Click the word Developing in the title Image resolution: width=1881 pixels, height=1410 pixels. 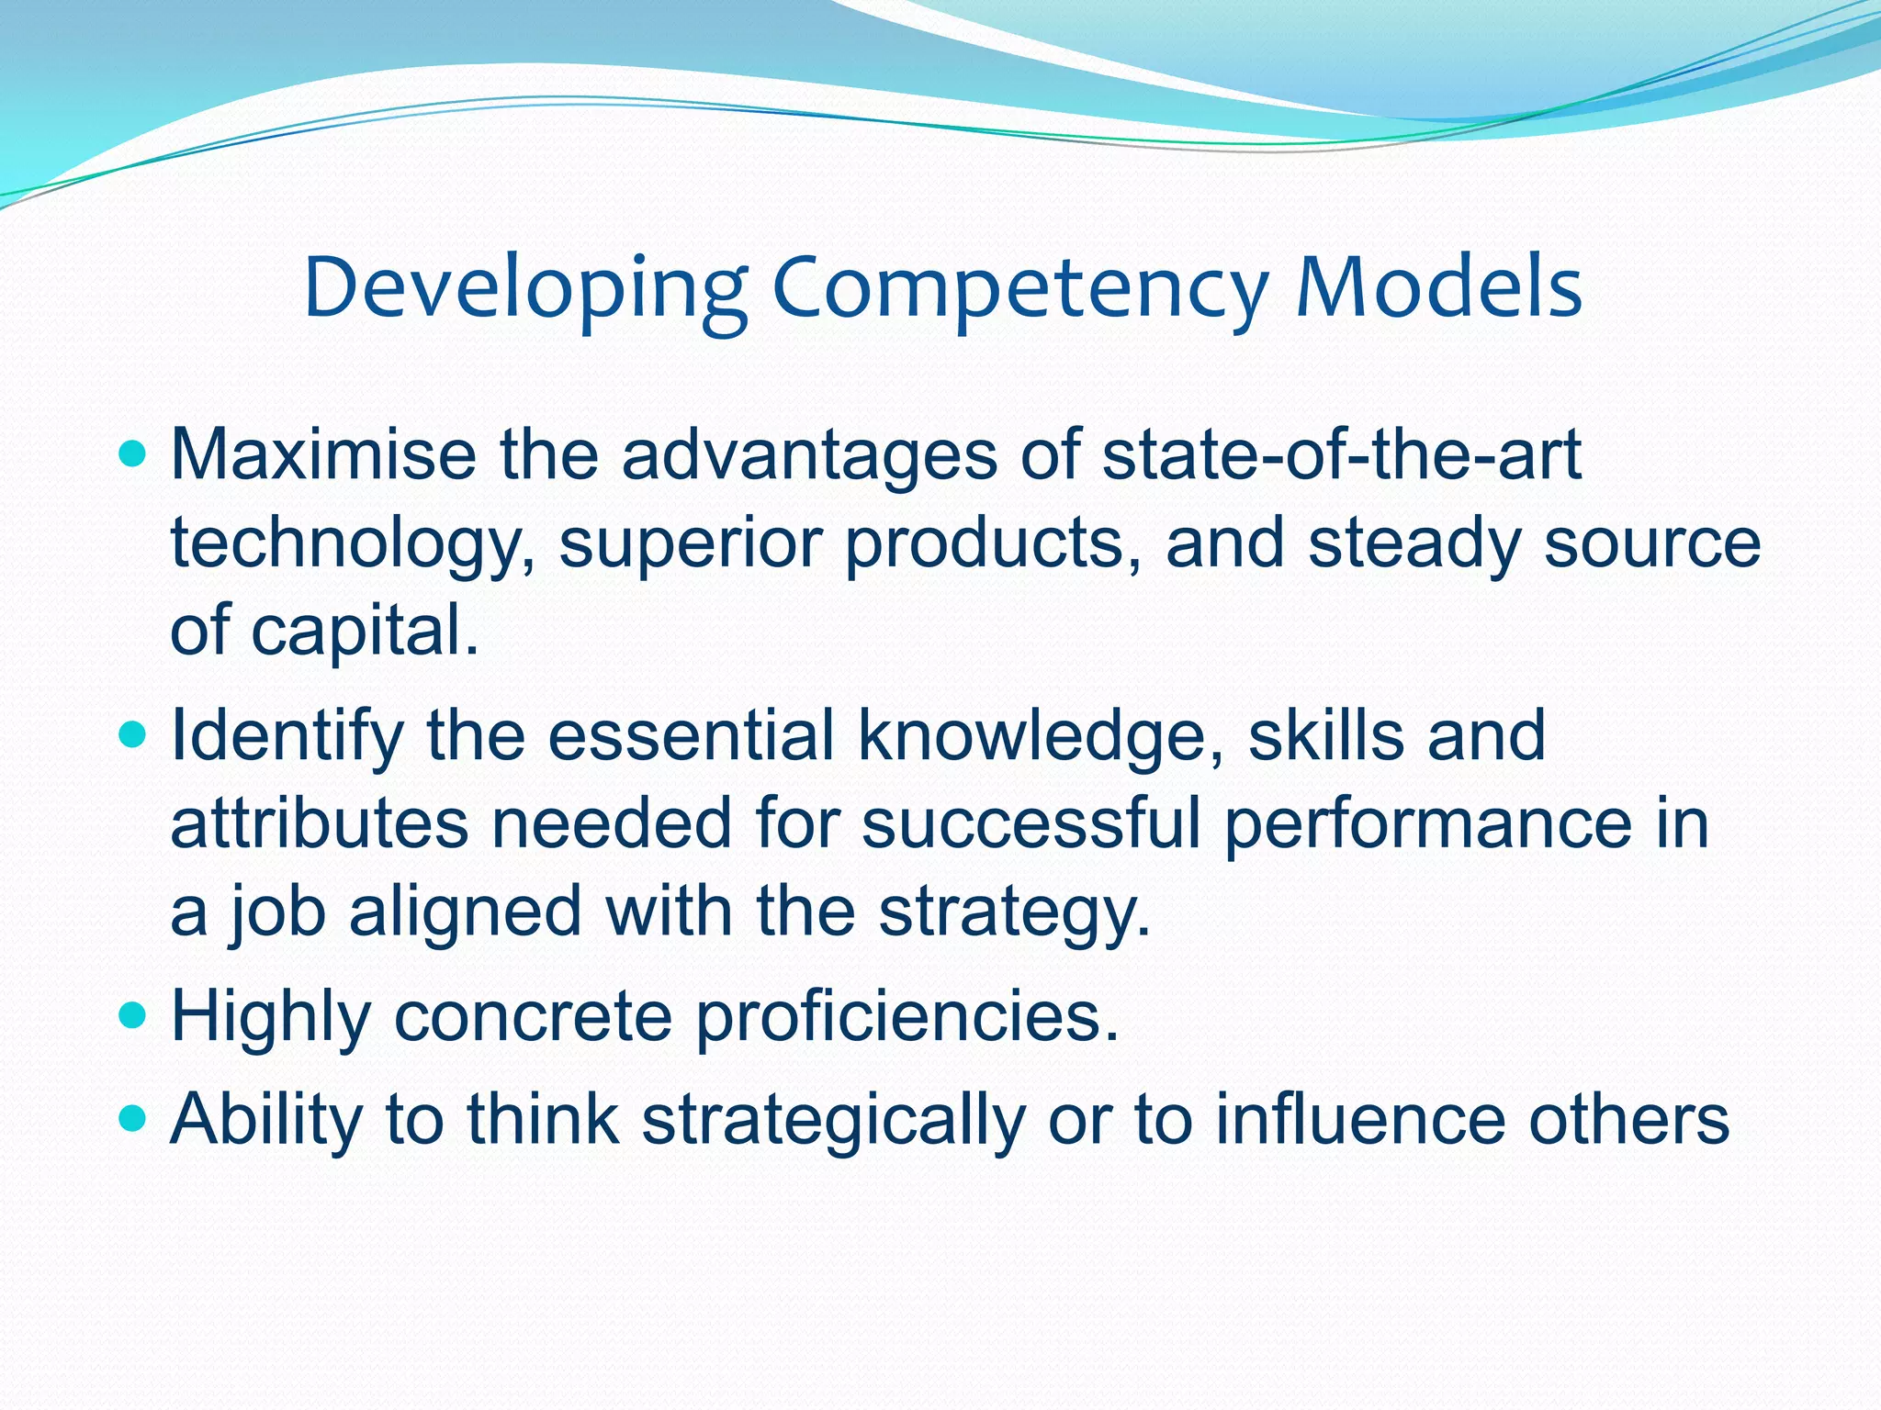[x=526, y=288]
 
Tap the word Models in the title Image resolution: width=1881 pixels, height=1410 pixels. [x=1439, y=288]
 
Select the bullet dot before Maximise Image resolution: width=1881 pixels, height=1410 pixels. [x=133, y=453]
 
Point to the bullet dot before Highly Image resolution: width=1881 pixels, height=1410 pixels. [x=133, y=1016]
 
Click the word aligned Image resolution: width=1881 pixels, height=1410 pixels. [x=465, y=912]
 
